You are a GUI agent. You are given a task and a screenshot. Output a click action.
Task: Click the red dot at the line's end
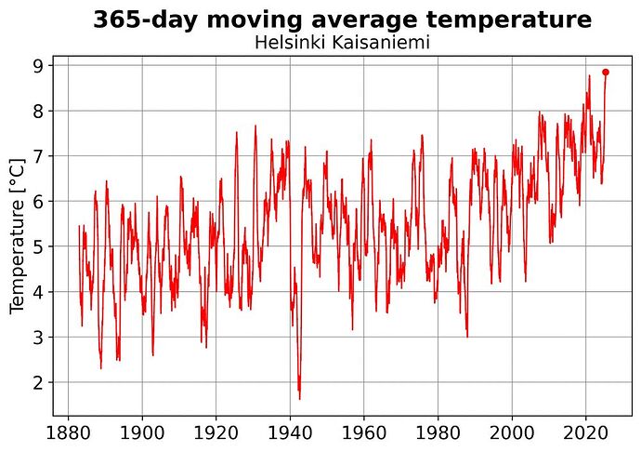[x=606, y=72]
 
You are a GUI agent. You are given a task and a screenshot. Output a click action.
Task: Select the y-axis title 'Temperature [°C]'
[x=18, y=236]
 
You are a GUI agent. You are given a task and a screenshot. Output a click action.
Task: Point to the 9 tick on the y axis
[x=39, y=65]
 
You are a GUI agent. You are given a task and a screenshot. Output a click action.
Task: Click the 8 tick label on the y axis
[x=39, y=111]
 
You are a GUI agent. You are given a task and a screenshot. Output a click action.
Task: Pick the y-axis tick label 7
[x=39, y=156]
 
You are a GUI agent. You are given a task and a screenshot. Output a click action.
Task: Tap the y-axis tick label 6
[x=39, y=201]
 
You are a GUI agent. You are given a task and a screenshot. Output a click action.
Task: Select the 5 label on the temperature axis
[x=39, y=246]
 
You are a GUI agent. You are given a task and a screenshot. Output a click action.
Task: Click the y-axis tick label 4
[x=39, y=292]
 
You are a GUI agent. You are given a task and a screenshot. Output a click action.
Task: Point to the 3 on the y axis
[x=39, y=337]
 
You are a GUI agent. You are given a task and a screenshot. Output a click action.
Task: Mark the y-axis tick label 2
[x=39, y=382]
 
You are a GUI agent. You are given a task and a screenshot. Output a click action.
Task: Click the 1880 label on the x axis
[x=68, y=433]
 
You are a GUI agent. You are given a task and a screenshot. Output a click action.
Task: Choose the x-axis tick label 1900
[x=142, y=433]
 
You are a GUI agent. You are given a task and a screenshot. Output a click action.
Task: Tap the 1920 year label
[x=216, y=433]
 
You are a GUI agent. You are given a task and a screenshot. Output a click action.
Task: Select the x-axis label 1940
[x=290, y=433]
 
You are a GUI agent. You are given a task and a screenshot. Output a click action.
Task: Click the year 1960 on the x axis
[x=363, y=433]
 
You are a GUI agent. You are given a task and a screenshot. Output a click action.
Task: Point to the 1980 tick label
[x=438, y=433]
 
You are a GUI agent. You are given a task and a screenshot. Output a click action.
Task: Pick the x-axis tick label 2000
[x=511, y=433]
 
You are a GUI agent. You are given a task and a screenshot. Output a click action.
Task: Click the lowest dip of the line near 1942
[x=299, y=399]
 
